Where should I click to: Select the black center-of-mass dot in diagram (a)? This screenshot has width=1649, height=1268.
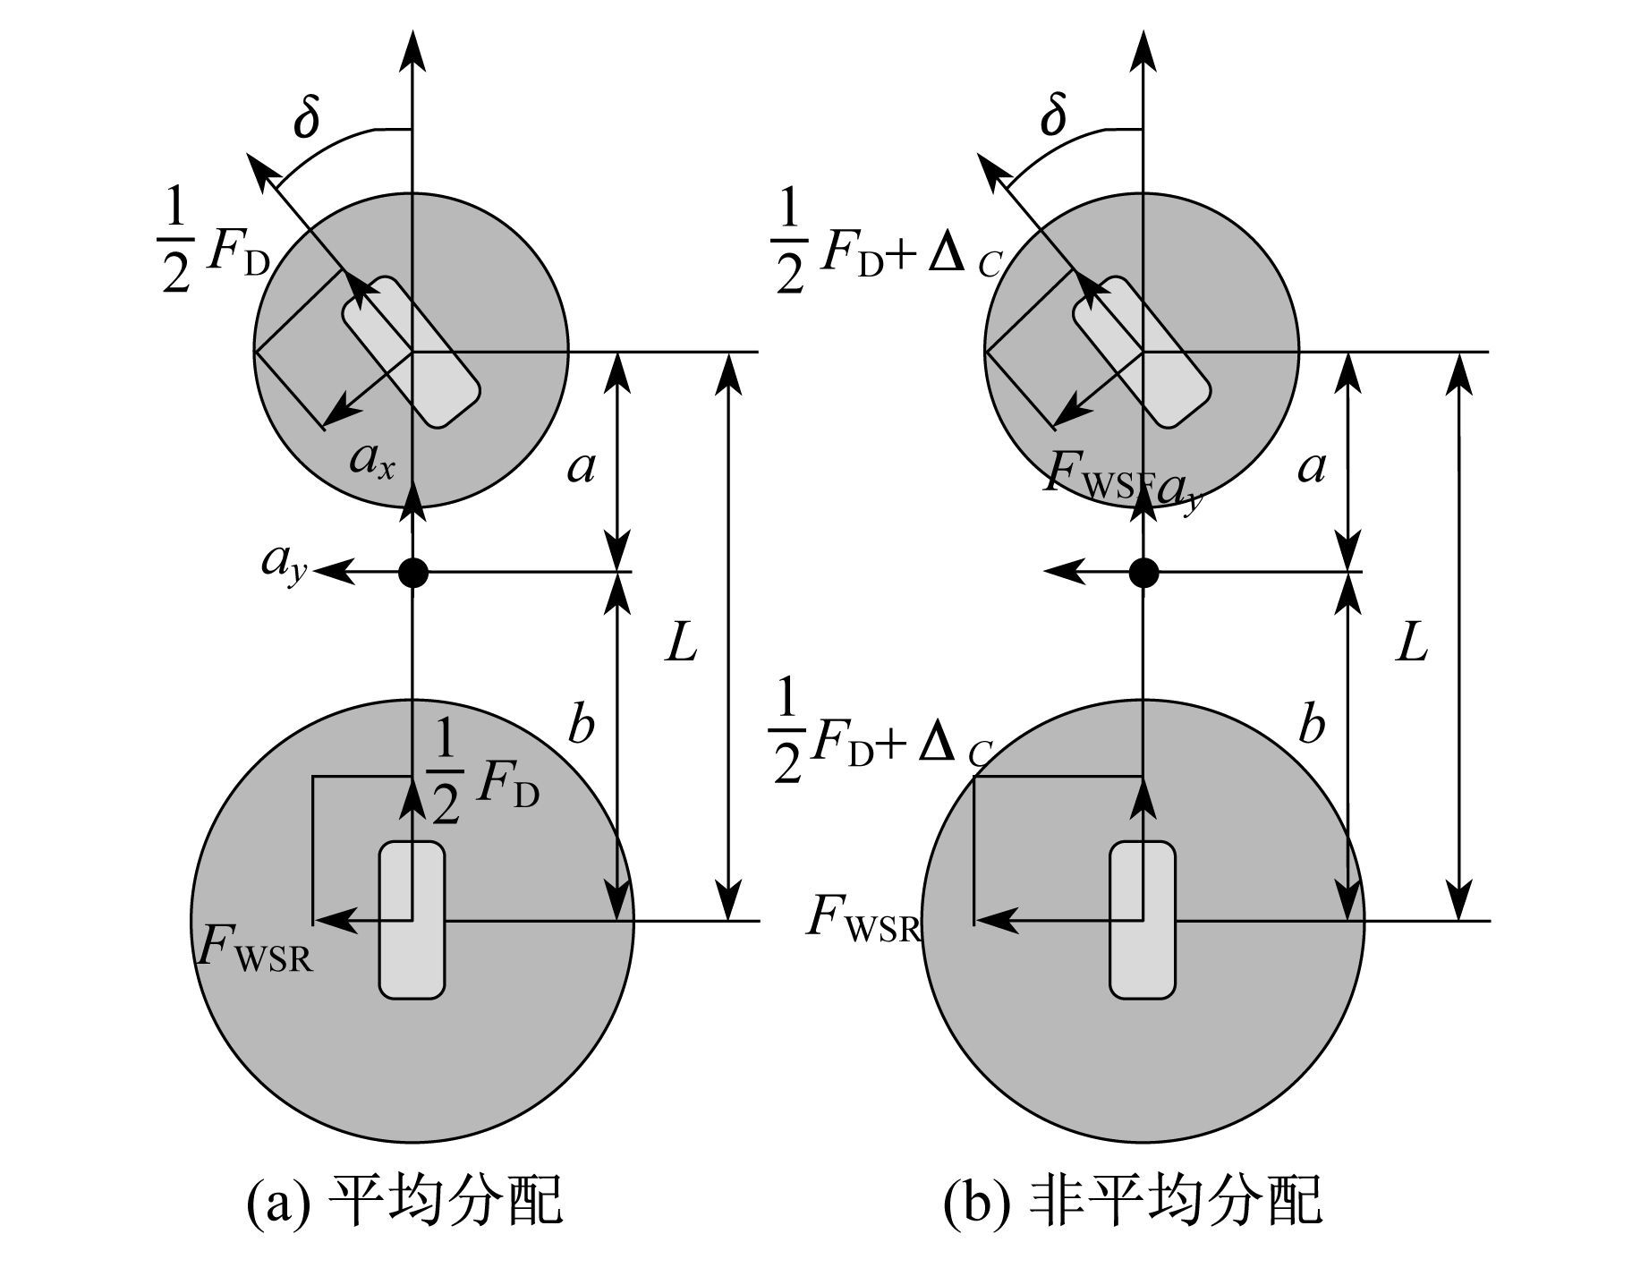(412, 572)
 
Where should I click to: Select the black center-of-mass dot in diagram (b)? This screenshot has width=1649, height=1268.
(1143, 572)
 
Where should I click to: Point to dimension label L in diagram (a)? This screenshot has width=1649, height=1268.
(682, 643)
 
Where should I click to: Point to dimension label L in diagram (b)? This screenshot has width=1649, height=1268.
(1413, 643)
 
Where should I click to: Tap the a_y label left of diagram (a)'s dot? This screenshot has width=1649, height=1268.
(285, 564)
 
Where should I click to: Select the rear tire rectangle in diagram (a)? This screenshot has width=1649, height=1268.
(412, 920)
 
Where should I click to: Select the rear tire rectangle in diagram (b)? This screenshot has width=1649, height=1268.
(1143, 920)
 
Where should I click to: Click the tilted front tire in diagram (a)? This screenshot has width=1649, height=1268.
(412, 352)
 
